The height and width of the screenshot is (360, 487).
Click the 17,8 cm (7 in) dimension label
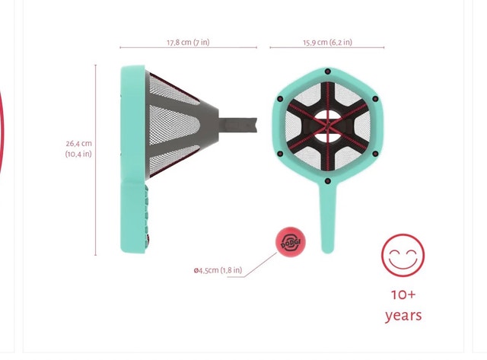point(188,43)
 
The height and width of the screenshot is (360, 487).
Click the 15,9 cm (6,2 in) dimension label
point(328,43)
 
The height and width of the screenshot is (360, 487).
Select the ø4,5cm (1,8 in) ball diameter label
point(218,270)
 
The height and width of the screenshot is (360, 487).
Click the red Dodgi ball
point(291,242)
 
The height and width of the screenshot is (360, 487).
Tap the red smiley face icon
point(403,255)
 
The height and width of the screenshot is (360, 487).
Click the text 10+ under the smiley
point(403,295)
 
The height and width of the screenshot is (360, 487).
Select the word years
point(403,316)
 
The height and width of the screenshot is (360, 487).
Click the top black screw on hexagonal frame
point(327,72)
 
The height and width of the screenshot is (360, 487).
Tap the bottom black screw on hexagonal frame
point(327,181)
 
